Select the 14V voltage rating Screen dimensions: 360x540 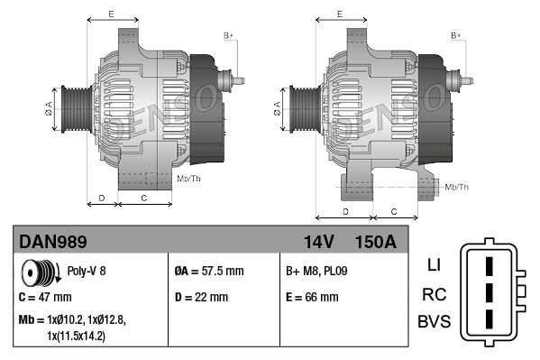click(318, 242)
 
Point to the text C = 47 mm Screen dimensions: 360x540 click(45, 296)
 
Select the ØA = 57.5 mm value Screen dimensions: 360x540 click(208, 271)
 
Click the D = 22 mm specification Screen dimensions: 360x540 click(201, 296)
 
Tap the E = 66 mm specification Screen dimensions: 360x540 click(312, 296)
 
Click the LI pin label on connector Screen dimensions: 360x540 click(434, 265)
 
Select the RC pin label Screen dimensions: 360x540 click(434, 294)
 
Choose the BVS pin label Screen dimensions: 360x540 click(434, 322)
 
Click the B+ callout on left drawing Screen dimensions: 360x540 click(228, 34)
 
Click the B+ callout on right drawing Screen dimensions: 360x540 click(456, 34)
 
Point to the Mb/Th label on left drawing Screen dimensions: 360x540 click(190, 180)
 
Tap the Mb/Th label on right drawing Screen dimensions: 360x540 click(457, 187)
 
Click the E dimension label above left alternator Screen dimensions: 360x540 click(110, 14)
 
